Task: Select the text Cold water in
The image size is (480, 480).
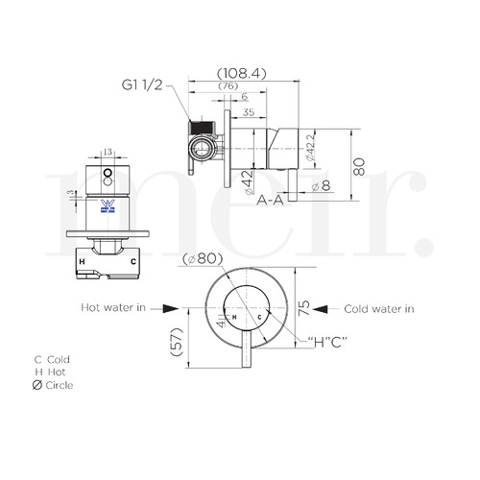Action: tap(377, 308)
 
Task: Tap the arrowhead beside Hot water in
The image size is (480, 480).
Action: tap(170, 308)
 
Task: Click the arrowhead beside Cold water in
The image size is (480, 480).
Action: tap(322, 308)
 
